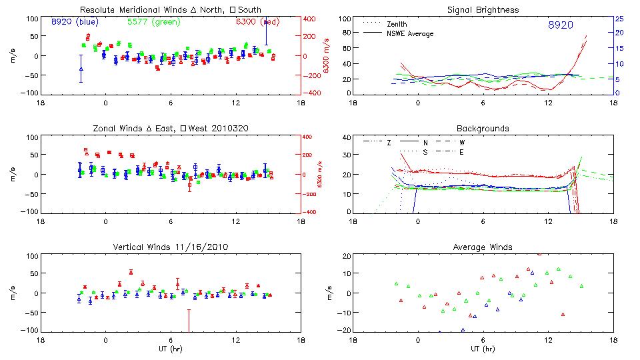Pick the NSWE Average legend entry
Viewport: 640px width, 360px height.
[x=410, y=33]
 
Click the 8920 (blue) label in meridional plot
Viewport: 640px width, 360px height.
[x=75, y=21]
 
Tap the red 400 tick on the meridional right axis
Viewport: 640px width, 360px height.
[x=312, y=19]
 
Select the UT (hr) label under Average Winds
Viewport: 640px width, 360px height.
[x=482, y=349]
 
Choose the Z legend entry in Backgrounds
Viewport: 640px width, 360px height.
[x=389, y=143]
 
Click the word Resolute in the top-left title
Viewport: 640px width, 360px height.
[x=97, y=9]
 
